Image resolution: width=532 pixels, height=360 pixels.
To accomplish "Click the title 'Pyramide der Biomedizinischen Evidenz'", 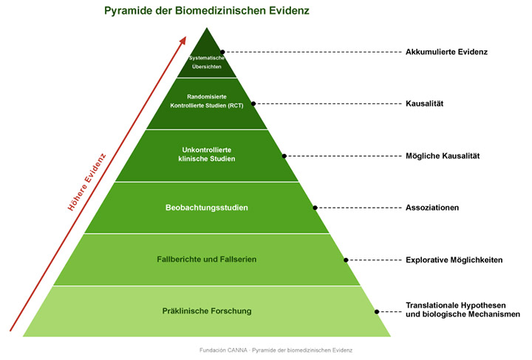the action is [207, 11].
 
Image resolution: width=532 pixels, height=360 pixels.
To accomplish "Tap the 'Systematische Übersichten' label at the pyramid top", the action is [207, 62].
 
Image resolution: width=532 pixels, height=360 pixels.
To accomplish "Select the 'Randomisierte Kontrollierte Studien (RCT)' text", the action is [207, 101].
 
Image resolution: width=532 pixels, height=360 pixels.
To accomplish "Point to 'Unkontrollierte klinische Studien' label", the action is [207, 154].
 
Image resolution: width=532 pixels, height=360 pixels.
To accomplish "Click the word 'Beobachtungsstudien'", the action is [207, 208].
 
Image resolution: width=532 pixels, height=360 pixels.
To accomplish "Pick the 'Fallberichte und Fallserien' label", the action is [207, 259].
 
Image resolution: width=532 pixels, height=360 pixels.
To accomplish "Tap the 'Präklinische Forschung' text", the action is [207, 311].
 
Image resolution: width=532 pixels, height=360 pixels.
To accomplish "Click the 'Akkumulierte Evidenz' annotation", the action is [446, 52].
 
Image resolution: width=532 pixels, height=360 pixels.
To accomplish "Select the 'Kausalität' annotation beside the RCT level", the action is [424, 103].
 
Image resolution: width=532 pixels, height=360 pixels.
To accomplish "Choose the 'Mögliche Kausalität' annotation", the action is [443, 156].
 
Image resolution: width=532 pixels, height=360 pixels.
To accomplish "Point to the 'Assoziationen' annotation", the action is [432, 208].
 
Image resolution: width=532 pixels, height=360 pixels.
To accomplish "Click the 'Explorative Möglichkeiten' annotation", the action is [454, 260].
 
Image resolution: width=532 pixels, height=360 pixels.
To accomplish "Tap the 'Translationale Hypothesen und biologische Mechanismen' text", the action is [463, 310].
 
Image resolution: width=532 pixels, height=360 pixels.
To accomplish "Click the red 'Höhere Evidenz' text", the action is [87, 182].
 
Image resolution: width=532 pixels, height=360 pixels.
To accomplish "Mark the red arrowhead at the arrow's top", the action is [183, 40].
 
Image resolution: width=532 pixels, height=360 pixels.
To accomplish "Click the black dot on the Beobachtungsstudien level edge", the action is [316, 208].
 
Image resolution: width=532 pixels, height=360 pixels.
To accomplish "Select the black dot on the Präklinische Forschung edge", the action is [377, 311].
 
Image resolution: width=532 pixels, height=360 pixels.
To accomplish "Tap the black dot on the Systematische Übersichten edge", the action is [222, 52].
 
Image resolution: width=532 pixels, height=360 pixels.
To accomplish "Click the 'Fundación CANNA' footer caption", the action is [276, 350].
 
